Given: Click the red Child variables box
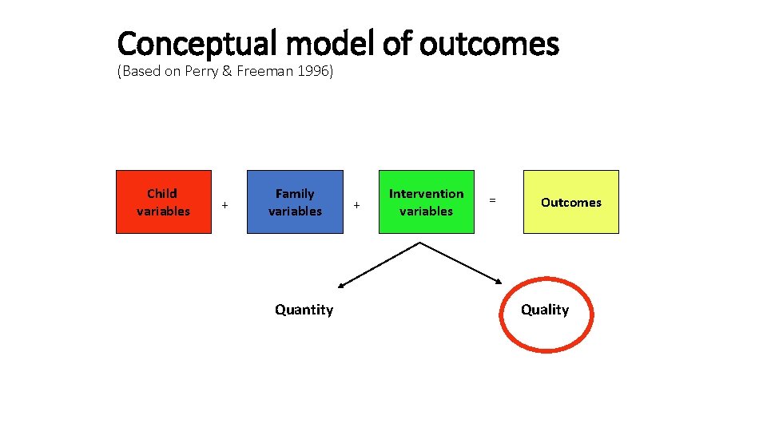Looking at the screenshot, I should click(x=164, y=202).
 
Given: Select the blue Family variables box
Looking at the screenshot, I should click(x=295, y=202).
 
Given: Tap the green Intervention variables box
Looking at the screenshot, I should click(x=426, y=202).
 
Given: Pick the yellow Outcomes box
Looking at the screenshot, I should click(x=570, y=202).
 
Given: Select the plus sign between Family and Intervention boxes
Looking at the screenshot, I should click(x=356, y=206).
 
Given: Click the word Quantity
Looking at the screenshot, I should click(x=304, y=310).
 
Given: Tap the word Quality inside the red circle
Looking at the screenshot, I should click(x=545, y=310).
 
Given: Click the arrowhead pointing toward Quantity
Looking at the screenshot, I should click(x=341, y=284).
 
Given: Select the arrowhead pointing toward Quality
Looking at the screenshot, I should click(x=500, y=280).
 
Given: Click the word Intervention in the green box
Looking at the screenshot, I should click(x=426, y=193).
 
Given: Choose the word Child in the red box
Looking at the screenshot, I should click(x=162, y=193).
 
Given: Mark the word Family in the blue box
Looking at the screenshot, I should click(x=295, y=193).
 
